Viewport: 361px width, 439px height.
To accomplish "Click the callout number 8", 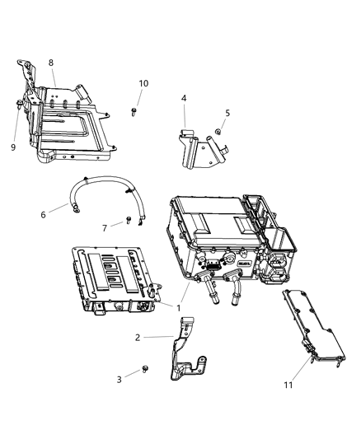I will pos(51,63).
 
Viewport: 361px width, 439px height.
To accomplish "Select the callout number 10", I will pos(143,84).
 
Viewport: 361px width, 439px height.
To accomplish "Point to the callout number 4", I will pos(184,98).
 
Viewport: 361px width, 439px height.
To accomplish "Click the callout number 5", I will pos(227,113).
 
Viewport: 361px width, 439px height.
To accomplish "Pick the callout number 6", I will pos(42,215).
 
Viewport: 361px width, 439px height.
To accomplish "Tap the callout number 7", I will pos(104,228).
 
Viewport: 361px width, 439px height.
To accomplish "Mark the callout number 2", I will pos(138,338).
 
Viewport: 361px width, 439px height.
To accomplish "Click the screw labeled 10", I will pos(134,110).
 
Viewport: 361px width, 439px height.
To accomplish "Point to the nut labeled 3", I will pos(144,369).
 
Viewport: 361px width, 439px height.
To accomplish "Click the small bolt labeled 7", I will pos(129,220).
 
